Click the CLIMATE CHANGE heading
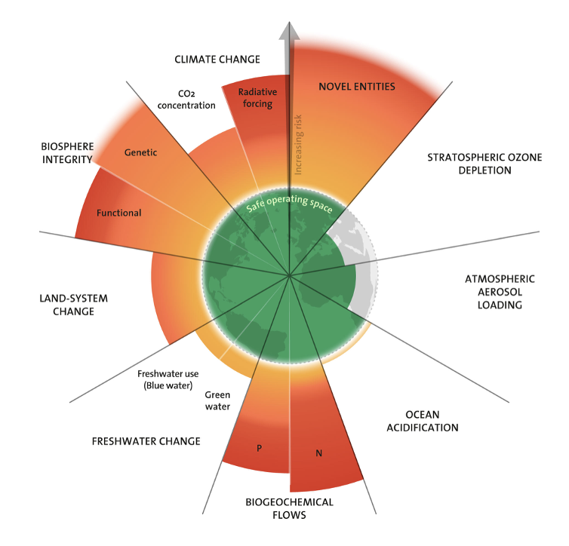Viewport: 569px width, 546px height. pyautogui.click(x=217, y=59)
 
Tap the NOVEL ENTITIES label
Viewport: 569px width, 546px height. pyautogui.click(x=357, y=87)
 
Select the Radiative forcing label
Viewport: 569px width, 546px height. pyautogui.click(x=255, y=98)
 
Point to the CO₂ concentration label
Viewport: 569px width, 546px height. pyautogui.click(x=186, y=100)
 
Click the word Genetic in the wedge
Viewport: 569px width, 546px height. pyautogui.click(x=140, y=152)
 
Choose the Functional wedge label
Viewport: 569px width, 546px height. pyautogui.click(x=118, y=213)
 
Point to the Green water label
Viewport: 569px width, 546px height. pyautogui.click(x=217, y=400)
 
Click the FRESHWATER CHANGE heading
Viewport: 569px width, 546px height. pyautogui.click(x=146, y=441)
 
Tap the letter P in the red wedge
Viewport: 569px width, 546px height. pyautogui.click(x=259, y=449)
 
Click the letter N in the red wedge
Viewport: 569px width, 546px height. pyautogui.click(x=319, y=454)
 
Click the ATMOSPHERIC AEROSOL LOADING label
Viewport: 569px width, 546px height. pyautogui.click(x=494, y=291)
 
